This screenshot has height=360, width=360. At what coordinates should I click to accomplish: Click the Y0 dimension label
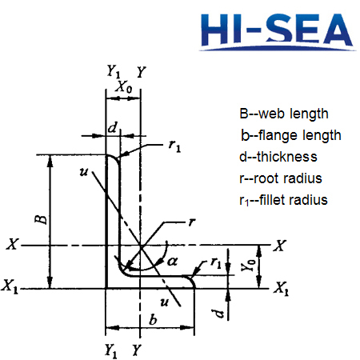tap(251, 261)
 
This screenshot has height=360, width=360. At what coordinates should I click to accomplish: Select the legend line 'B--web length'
tap(283, 114)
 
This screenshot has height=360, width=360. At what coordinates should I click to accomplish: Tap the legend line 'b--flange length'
tap(291, 135)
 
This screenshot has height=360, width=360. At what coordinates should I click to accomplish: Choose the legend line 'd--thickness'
tap(278, 157)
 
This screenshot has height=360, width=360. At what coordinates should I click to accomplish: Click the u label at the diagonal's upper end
tap(83, 171)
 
